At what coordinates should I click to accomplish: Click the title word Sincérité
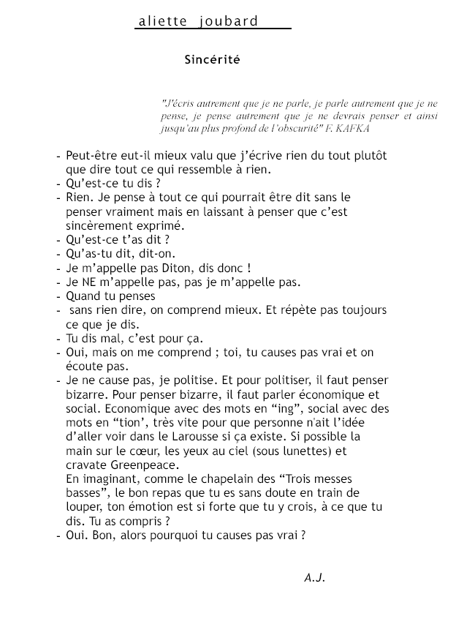tap(212, 61)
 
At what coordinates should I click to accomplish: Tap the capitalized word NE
tap(91, 282)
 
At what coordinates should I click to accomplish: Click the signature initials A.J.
tap(314, 578)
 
